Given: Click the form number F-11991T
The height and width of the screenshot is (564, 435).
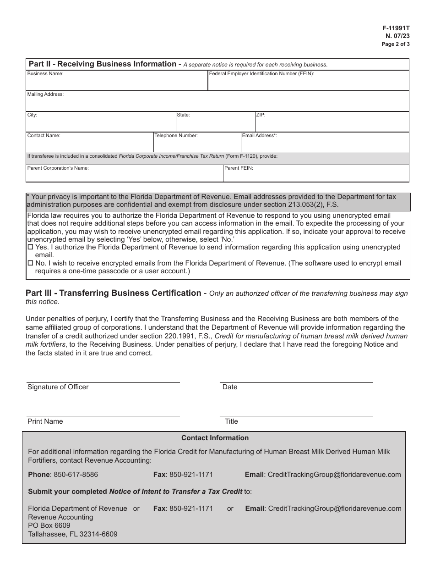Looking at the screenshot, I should click(x=397, y=28).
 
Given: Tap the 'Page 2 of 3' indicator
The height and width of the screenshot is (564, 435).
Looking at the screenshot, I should click(x=396, y=44).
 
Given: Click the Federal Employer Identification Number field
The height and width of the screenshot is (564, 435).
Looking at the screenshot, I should click(x=308, y=83).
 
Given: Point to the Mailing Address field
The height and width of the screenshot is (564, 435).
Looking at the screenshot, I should click(x=217, y=103).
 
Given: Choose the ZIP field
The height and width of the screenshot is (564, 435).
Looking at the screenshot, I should click(x=332, y=124).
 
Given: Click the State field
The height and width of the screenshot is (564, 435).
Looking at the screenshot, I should click(x=215, y=124).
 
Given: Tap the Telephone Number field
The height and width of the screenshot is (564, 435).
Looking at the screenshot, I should click(x=197, y=145).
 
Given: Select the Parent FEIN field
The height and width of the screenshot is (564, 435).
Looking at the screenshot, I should click(x=316, y=176).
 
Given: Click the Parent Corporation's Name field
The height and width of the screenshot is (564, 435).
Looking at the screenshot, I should click(x=124, y=176).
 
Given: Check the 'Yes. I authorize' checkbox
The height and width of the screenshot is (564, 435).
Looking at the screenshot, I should click(x=31, y=247).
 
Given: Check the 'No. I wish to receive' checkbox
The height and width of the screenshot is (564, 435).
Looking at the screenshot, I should click(x=31, y=264).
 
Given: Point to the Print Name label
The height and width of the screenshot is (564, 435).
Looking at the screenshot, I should click(x=45, y=421).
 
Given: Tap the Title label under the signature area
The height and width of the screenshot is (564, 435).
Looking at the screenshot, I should click(x=231, y=421).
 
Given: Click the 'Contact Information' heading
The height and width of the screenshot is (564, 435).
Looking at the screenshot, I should click(x=215, y=438).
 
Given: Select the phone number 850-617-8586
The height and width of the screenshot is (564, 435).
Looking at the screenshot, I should click(x=76, y=475).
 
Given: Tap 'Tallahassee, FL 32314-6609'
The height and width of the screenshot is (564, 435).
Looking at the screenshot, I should click(x=72, y=534).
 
